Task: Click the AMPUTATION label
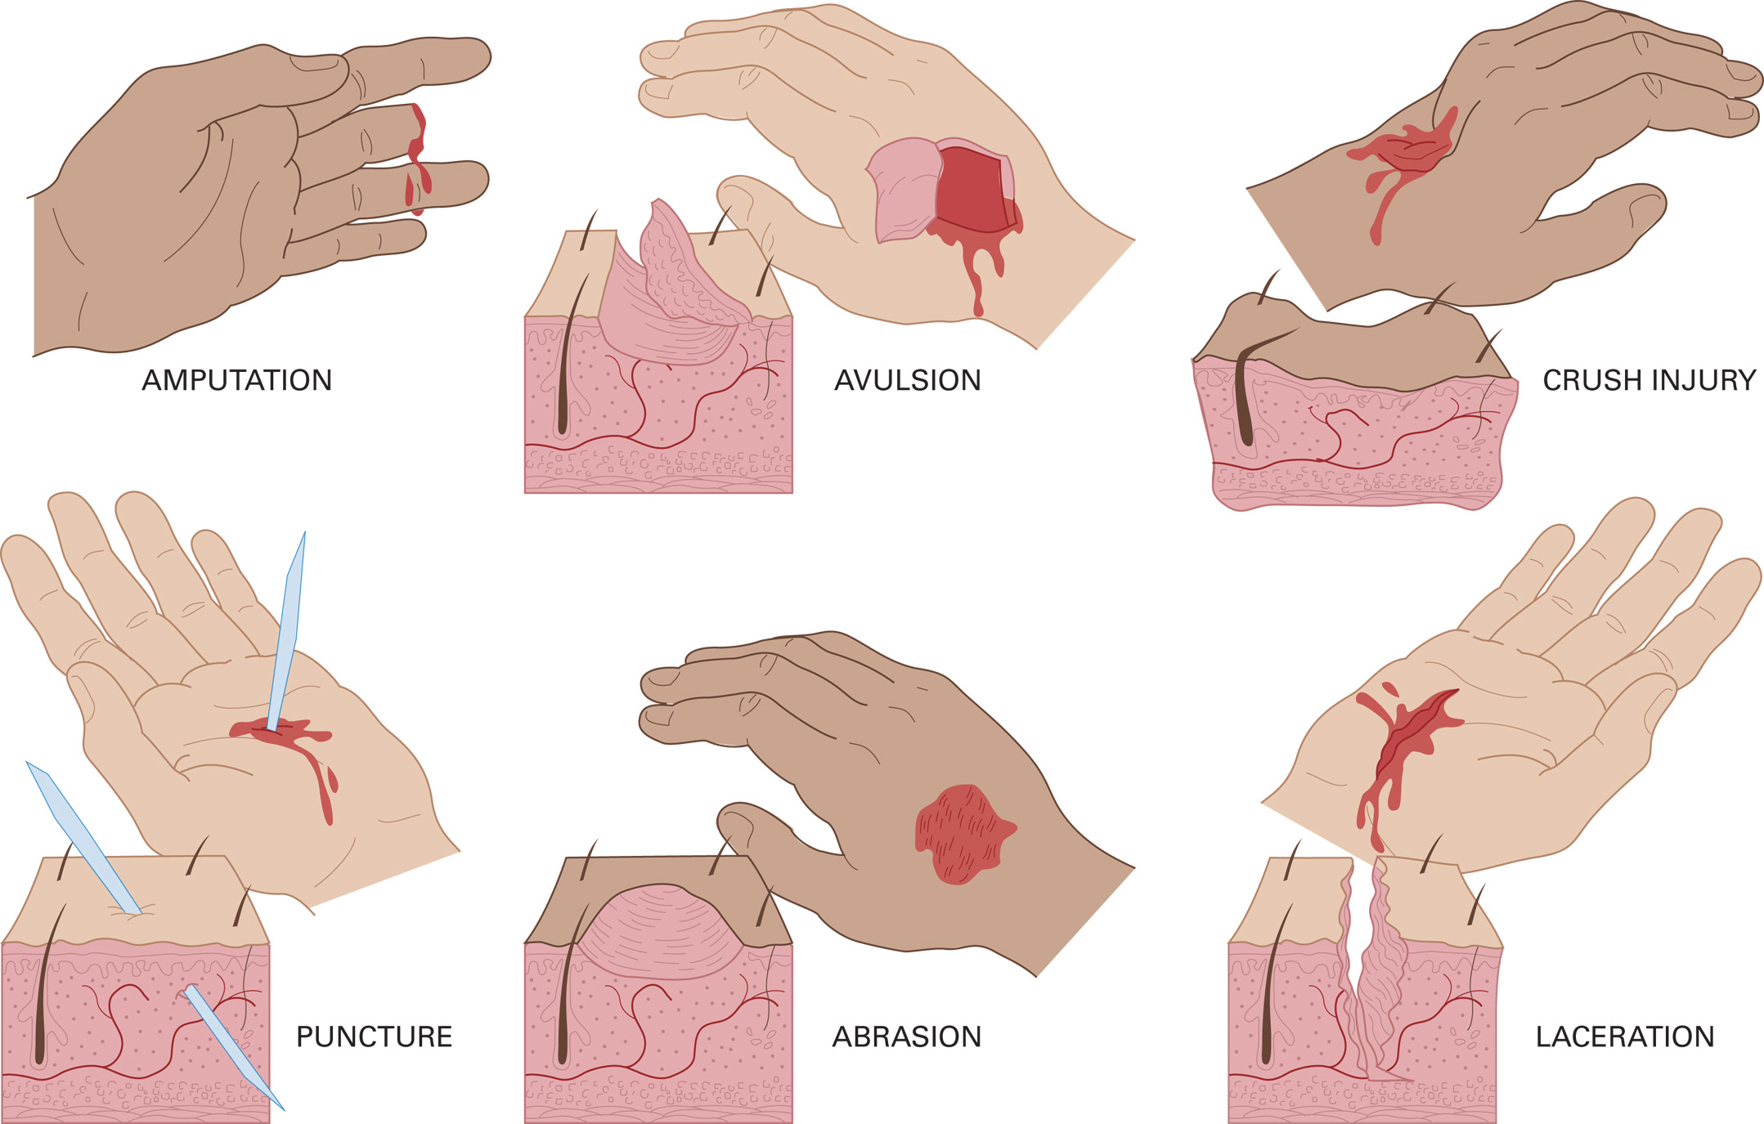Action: click(x=236, y=380)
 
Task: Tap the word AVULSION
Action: click(x=907, y=380)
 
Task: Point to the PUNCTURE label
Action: click(x=374, y=1037)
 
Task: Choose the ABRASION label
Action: click(x=906, y=1037)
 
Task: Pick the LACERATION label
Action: click(x=1624, y=1037)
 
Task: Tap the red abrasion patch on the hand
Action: click(x=961, y=834)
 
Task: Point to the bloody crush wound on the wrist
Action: click(x=1407, y=151)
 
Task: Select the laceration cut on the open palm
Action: click(x=1407, y=732)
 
